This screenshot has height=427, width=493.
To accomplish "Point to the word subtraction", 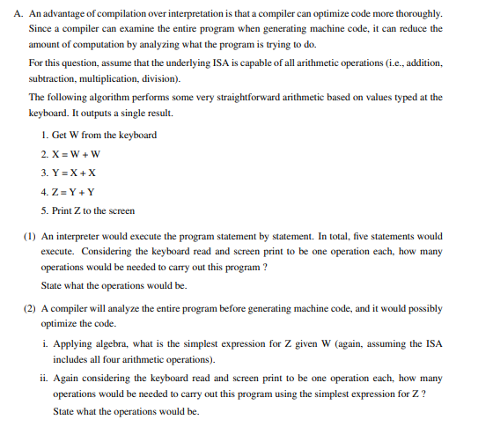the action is pos(55,77).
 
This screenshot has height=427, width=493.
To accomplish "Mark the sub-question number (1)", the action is pos(28,236).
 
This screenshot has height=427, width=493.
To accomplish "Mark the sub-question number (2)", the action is pos(28,311).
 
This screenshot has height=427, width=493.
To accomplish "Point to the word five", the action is pos(361,236).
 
